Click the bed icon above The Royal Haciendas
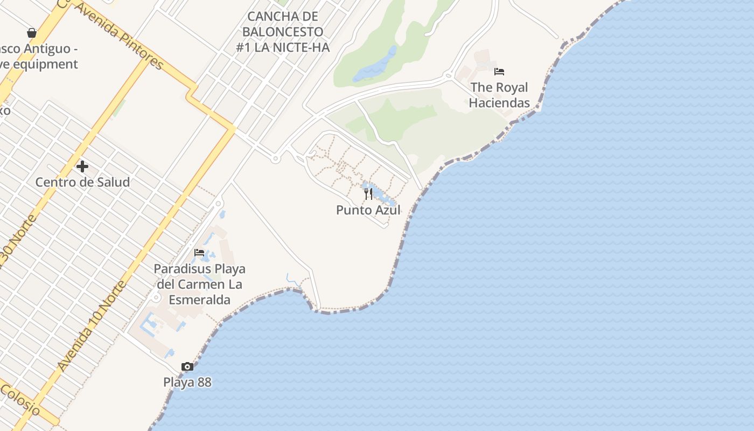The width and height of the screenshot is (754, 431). tap(499, 71)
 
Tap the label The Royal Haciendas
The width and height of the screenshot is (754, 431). tap(499, 95)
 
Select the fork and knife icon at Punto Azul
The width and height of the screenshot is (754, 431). tap(368, 193)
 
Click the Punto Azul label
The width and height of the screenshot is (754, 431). tap(368, 210)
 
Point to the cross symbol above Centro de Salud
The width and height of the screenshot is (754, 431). tap(82, 166)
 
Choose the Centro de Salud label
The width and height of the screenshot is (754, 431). tap(82, 182)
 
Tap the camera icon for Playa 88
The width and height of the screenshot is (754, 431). tap(187, 367)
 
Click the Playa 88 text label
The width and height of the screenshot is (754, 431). tap(187, 383)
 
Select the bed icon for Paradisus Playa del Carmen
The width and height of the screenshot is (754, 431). tap(199, 252)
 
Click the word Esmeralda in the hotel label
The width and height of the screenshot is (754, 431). tap(199, 300)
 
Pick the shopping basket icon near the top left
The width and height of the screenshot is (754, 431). tap(32, 33)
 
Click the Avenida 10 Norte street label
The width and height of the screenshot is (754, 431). tap(92, 326)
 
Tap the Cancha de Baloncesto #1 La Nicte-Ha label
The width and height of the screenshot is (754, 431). tap(283, 32)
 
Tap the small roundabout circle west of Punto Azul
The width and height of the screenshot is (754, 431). tap(275, 159)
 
